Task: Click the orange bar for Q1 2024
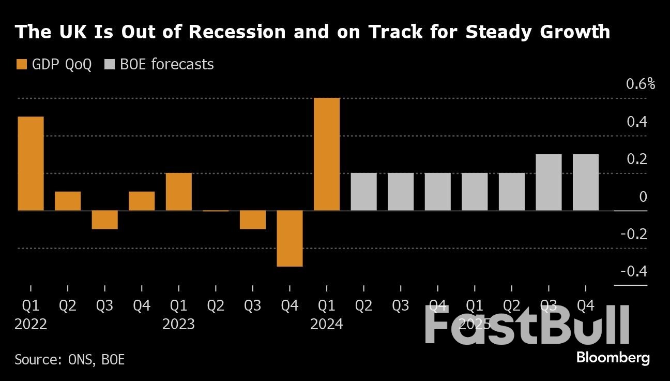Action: tap(327, 154)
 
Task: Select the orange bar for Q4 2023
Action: tap(290, 238)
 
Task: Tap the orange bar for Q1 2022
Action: tap(31, 164)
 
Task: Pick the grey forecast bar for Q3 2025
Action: tap(549, 182)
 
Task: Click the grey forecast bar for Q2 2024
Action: tap(363, 192)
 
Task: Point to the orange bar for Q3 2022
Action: tap(105, 219)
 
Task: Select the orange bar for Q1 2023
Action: tap(179, 192)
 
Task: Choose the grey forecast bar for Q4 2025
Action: tap(586, 182)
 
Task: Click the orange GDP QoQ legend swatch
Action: tap(21, 65)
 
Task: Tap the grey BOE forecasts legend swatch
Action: tap(110, 65)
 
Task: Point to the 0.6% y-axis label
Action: tap(641, 84)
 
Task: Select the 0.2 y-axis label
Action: tap(636, 159)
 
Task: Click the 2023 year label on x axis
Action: tap(178, 325)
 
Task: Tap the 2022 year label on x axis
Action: tap(31, 325)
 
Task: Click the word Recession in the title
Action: tap(236, 32)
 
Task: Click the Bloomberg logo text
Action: tap(613, 358)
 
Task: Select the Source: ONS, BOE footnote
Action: tap(70, 359)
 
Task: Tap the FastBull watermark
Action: tap(527, 325)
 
